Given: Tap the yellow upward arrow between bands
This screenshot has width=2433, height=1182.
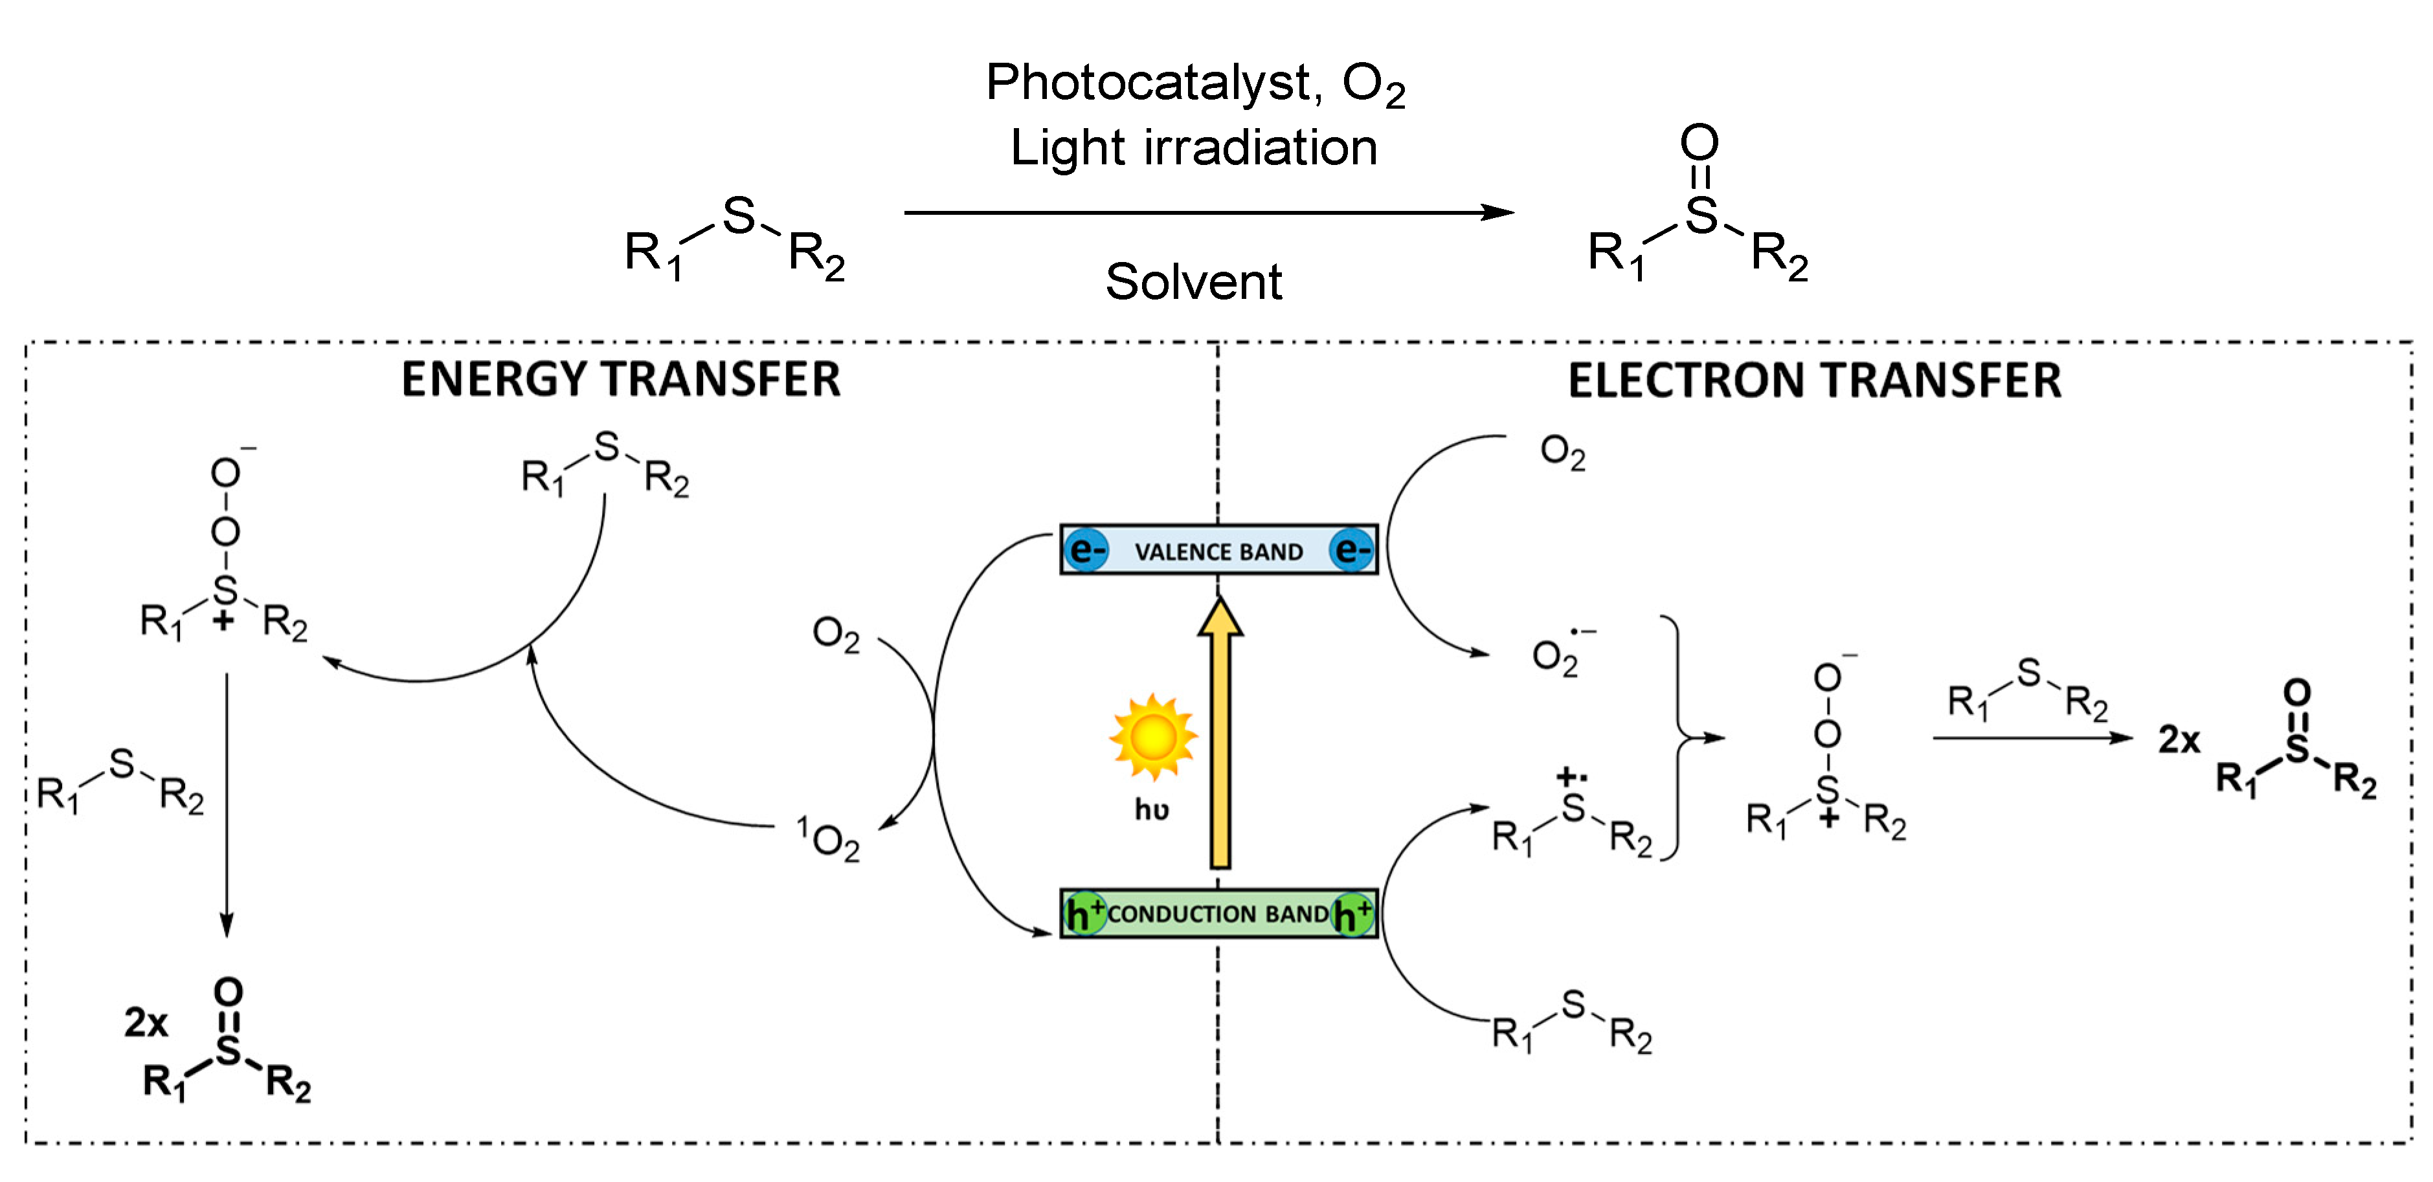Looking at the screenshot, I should point(1220,736).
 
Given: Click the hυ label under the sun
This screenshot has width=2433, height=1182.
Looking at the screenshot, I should point(1151,810).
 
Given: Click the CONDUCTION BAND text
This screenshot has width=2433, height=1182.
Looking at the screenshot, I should point(1218,914).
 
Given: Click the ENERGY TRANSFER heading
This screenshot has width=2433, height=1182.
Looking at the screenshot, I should point(620,380).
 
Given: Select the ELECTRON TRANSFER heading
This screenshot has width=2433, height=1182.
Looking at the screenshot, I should point(1814,380).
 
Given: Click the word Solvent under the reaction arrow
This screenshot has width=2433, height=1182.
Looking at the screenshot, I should point(1194,282).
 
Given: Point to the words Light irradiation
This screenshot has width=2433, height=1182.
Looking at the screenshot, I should point(1194,148).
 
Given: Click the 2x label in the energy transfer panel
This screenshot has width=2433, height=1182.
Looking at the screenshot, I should point(146,1022).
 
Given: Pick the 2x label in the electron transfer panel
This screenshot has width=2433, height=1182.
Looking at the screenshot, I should point(2179,739).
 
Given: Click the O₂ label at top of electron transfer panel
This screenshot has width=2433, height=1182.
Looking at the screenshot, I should point(1562,452).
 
